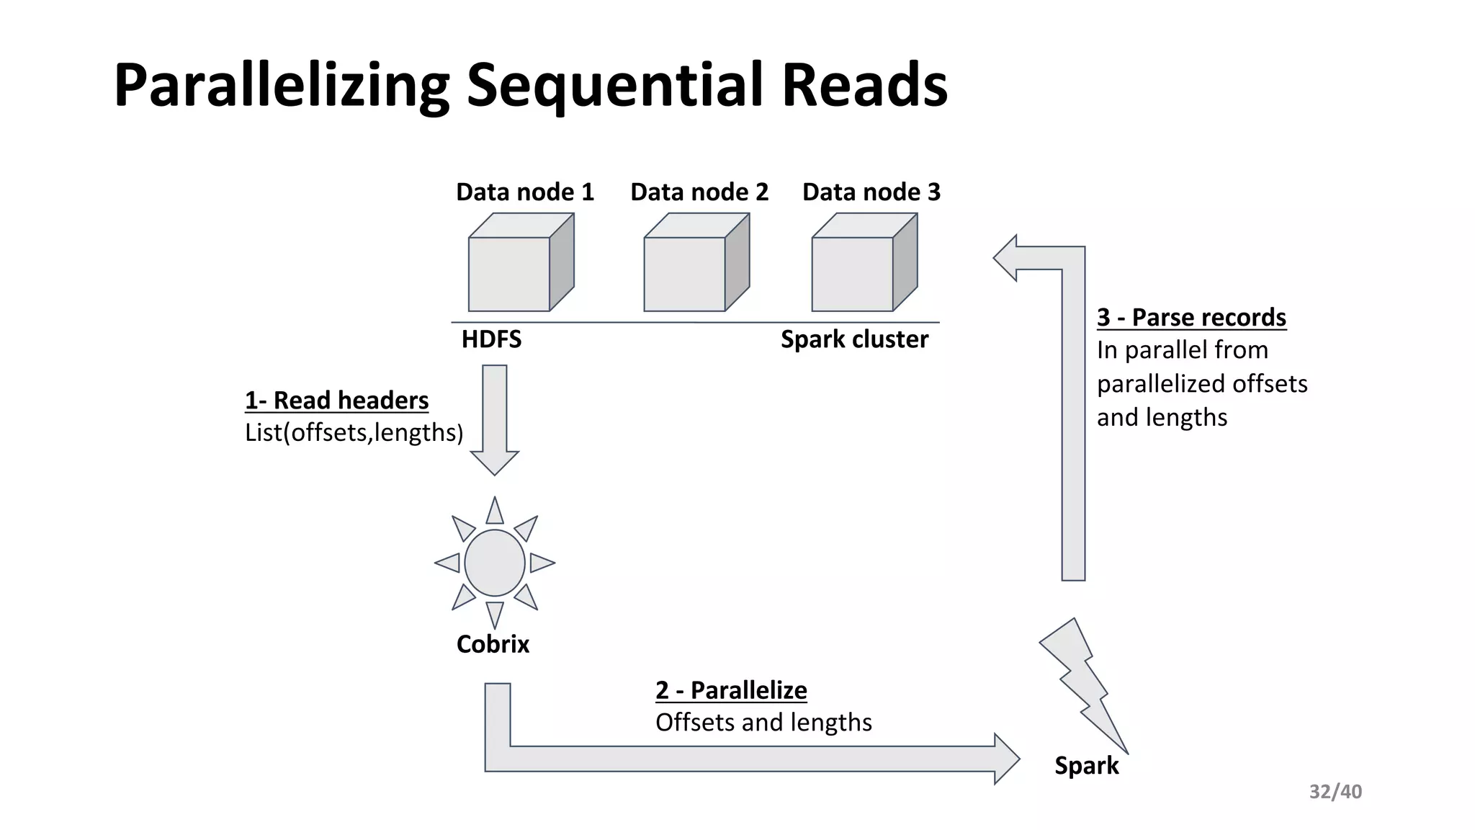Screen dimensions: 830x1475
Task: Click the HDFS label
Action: [491, 339]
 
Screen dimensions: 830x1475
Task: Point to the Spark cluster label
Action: [854, 339]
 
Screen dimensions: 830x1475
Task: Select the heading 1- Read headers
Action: [336, 401]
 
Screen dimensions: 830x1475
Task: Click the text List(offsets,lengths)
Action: [354, 433]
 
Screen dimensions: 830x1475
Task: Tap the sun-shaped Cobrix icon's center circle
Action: [495, 563]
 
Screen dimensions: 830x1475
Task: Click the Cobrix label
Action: [493, 644]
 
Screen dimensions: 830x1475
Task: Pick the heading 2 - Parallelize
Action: [731, 690]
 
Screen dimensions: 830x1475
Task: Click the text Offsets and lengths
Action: [763, 723]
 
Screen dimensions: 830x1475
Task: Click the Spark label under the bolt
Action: [1086, 765]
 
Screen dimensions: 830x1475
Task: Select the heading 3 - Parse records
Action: [1191, 318]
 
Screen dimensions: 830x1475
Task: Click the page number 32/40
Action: [1335, 792]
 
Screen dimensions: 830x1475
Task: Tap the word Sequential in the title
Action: [616, 86]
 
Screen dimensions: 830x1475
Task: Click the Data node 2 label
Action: [699, 192]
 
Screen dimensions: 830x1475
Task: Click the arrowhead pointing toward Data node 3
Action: [1006, 258]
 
